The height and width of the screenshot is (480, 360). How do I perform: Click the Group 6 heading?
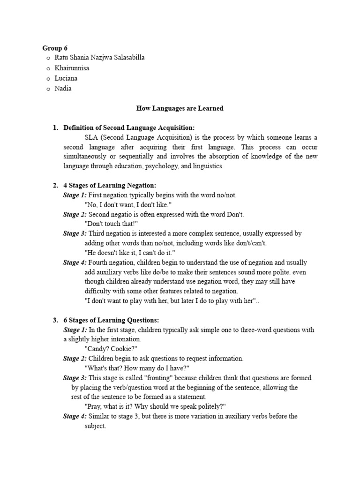pyautogui.click(x=55, y=48)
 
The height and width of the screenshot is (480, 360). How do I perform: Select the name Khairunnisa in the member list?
pyautogui.click(x=72, y=68)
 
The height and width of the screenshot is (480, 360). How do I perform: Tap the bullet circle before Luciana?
pyautogui.click(x=48, y=78)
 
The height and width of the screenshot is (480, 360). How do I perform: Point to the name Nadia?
pyautogui.click(x=63, y=89)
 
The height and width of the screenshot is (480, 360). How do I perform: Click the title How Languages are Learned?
pyautogui.click(x=180, y=108)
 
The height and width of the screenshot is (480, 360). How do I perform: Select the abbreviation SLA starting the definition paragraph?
pyautogui.click(x=91, y=137)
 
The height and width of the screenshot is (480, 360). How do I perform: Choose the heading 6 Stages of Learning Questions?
pyautogui.click(x=111, y=320)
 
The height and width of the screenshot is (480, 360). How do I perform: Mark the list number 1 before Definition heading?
pyautogui.click(x=55, y=127)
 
